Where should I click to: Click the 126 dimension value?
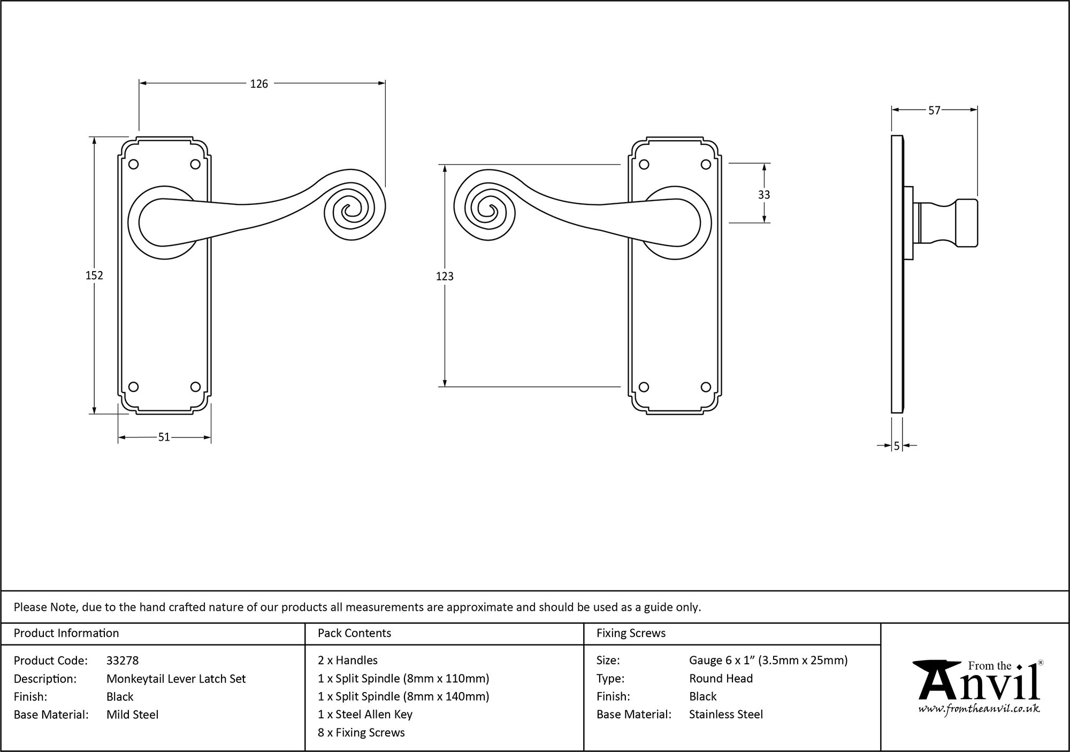tap(259, 84)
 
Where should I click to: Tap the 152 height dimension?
tap(94, 275)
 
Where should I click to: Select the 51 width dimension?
tap(164, 438)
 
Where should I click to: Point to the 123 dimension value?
tap(445, 277)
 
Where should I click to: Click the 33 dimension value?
tap(764, 195)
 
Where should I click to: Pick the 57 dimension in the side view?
tap(934, 111)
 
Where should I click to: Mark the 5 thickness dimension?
tap(897, 446)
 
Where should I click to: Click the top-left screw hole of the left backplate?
tap(134, 164)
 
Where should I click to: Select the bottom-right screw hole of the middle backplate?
tap(706, 387)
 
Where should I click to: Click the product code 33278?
tap(123, 661)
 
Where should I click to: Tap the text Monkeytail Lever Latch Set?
tap(176, 679)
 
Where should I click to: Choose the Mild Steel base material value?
tap(132, 715)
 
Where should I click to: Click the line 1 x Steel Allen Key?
tap(365, 715)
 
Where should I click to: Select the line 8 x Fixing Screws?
tap(361, 733)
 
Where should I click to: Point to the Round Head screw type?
tap(721, 679)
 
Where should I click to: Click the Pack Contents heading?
tap(354, 633)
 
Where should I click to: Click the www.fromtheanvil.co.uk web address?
tap(979, 709)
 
